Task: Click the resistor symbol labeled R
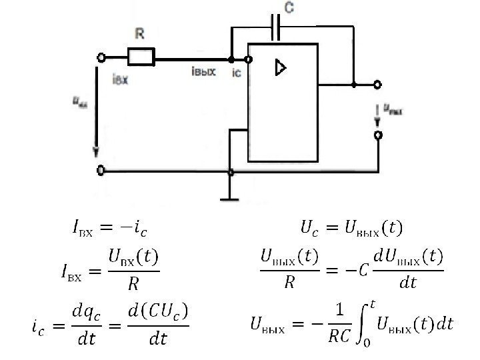[141, 57]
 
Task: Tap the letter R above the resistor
[140, 33]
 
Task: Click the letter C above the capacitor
[289, 9]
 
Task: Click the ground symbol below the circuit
[230, 198]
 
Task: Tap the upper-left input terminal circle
[101, 58]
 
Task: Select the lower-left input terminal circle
[101, 171]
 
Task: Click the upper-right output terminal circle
[378, 85]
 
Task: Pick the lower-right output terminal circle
[378, 135]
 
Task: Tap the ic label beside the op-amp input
[236, 73]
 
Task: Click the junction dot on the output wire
[353, 85]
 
